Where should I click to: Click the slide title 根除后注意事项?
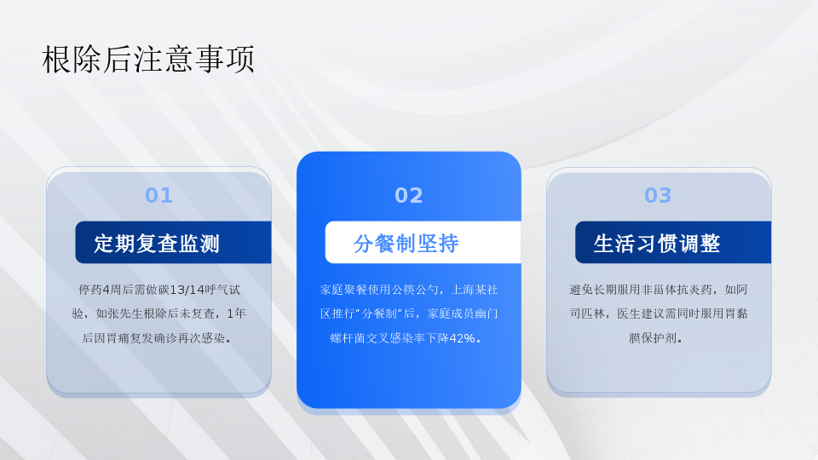148,59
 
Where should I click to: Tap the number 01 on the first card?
158,196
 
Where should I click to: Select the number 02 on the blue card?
408,196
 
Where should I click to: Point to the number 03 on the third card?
658,196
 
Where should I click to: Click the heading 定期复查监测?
157,243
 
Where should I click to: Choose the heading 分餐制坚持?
406,243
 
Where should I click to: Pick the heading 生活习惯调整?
657,243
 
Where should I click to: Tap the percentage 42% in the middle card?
462,338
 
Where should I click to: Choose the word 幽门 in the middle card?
487,313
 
